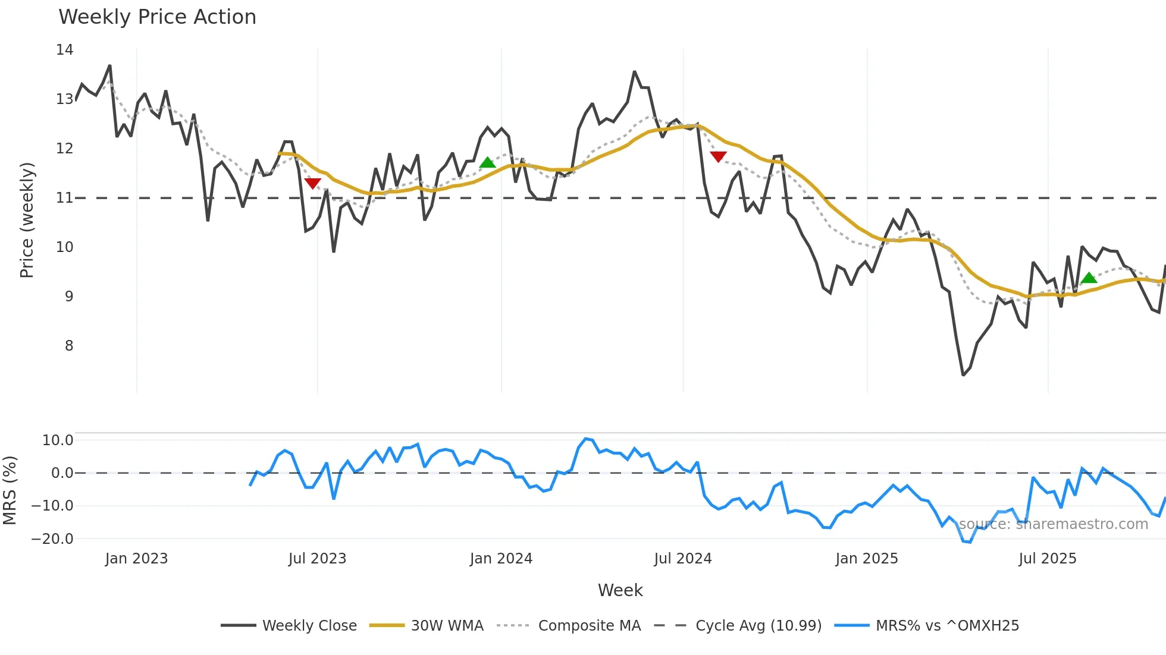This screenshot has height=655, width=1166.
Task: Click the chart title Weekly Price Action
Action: (157, 17)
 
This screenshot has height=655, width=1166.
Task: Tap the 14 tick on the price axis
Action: (65, 50)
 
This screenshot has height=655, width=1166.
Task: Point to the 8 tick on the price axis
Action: (69, 346)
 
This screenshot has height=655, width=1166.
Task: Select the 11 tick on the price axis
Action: (65, 198)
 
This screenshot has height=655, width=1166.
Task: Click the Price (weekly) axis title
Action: (27, 220)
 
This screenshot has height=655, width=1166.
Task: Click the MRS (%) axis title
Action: (10, 490)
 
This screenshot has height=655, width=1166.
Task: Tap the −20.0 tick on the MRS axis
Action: (52, 539)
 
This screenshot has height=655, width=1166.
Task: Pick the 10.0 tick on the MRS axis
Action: (58, 440)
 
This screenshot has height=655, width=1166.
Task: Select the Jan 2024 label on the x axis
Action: (501, 559)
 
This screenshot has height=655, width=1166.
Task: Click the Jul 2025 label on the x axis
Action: (1047, 559)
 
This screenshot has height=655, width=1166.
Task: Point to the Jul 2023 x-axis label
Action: (317, 559)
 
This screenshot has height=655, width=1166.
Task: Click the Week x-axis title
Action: (620, 590)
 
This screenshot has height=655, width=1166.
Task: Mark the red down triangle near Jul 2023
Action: (312, 183)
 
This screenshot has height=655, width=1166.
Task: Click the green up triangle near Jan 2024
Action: (487, 163)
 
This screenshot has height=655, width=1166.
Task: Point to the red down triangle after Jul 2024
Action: (718, 156)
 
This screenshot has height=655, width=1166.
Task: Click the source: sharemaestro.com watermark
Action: (1053, 524)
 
